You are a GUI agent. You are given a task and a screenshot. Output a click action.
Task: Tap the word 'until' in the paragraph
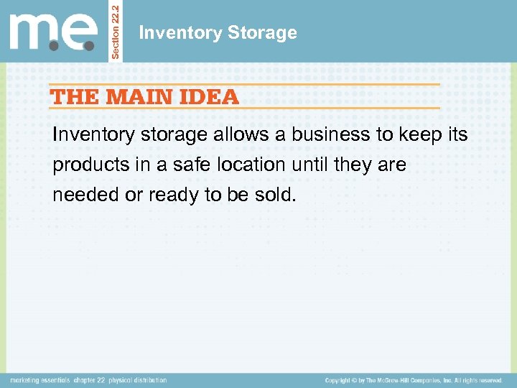pyautogui.click(x=312, y=165)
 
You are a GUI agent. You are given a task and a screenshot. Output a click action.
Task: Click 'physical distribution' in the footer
pyautogui.click(x=138, y=380)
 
